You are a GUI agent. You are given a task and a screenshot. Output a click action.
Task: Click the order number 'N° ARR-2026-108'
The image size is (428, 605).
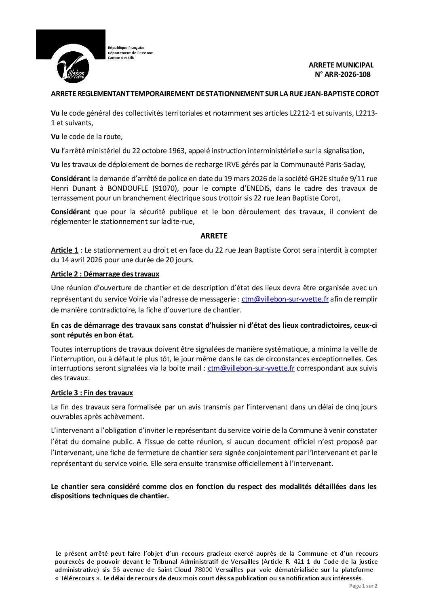(342, 74)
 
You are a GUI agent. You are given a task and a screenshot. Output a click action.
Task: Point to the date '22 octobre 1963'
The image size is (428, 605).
(145, 151)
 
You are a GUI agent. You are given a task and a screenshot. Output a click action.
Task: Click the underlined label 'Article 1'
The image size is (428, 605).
(65, 250)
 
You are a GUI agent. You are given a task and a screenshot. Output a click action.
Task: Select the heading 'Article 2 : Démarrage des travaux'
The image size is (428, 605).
(105, 274)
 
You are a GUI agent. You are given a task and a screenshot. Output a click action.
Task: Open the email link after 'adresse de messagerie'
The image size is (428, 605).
(285, 299)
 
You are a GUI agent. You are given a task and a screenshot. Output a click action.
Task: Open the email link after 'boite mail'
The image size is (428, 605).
(251, 368)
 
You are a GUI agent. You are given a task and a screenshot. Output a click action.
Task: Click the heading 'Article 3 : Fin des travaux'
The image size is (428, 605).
(92, 393)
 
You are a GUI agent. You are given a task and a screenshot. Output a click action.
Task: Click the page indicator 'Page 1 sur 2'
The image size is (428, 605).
(363, 586)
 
